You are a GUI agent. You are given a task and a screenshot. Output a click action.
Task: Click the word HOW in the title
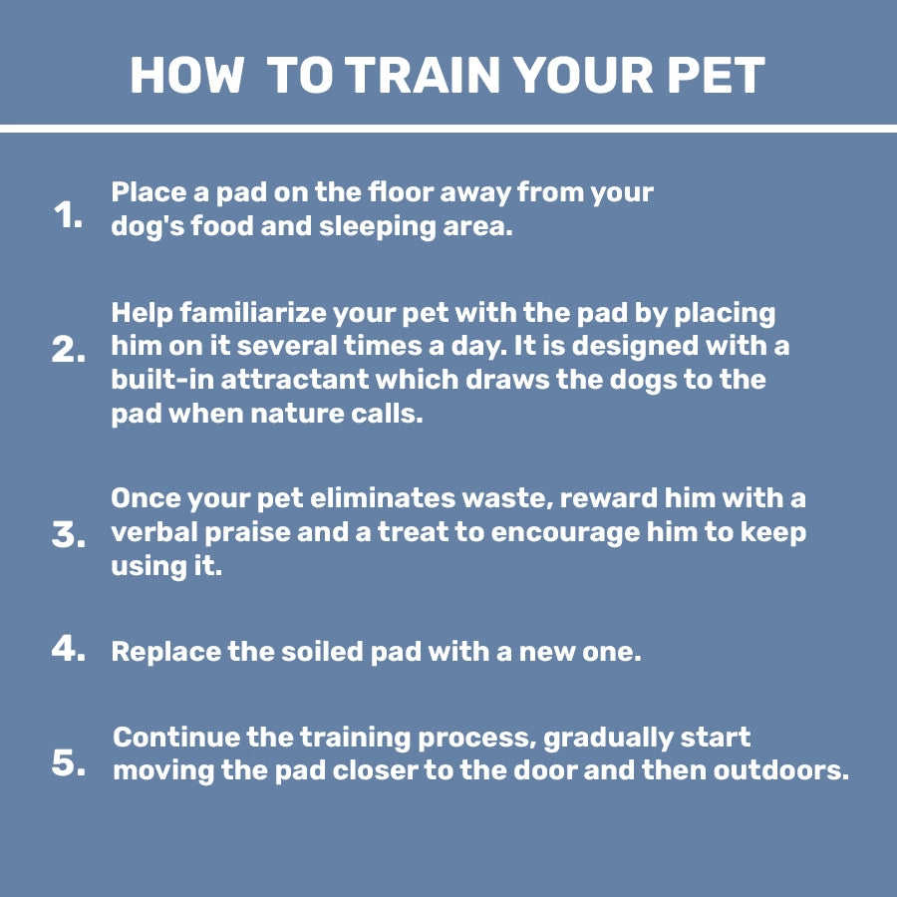tap(186, 76)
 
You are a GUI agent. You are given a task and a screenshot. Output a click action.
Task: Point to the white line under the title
tap(448, 129)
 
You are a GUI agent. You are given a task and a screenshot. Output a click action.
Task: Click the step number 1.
tap(67, 215)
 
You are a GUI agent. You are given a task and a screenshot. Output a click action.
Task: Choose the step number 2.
tap(69, 350)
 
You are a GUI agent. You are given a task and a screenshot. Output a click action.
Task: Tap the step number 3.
tap(69, 535)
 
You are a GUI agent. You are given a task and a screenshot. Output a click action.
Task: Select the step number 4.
tap(69, 649)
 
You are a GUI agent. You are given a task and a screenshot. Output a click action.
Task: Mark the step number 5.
tap(69, 764)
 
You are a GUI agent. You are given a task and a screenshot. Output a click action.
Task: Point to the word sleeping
tap(375, 226)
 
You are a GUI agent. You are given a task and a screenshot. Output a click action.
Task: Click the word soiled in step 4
tap(335, 652)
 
